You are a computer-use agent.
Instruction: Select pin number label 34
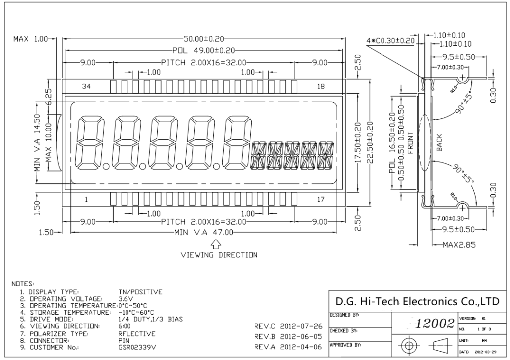tap(86, 86)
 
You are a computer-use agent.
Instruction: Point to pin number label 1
tap(86, 200)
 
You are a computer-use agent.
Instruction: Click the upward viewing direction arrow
tap(216, 243)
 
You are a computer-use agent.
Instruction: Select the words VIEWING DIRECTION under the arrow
tap(219, 255)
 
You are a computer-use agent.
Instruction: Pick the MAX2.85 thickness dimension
tap(457, 244)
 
